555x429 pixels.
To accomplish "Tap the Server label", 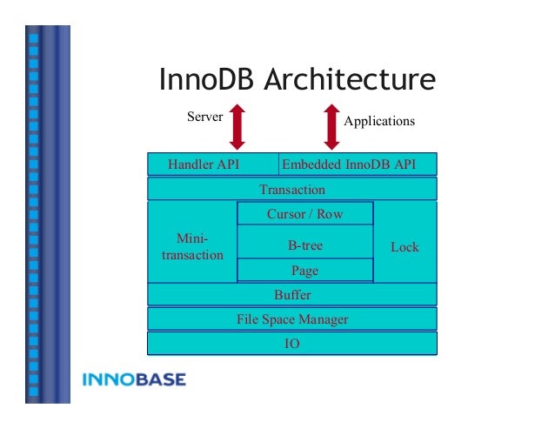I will pos(205,117).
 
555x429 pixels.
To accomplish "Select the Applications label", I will pos(379,121).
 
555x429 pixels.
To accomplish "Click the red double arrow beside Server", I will pos(237,126).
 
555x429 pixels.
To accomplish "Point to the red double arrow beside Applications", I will pos(331,126).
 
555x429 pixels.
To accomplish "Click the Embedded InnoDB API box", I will pos(357,164).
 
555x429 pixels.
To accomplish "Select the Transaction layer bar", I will pos(292,190).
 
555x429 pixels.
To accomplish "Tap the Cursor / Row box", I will pos(304,214).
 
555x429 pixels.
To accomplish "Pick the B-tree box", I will pos(304,245).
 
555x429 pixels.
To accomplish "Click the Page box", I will pos(304,271).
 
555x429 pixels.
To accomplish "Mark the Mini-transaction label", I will pos(191,246).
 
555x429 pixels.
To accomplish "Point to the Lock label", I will pos(405,247).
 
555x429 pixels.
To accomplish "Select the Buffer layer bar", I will pos(292,295).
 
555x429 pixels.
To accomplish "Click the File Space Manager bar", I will pos(292,319).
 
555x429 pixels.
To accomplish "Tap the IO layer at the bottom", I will pos(292,344).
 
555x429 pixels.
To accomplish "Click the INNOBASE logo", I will pos(133,380).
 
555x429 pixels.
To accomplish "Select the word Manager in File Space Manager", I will pos(323,319).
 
